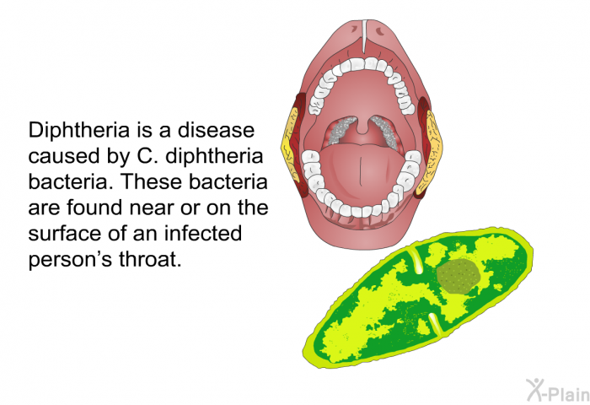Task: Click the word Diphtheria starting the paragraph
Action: click(79, 130)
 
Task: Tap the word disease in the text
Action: click(217, 130)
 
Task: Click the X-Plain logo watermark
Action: click(558, 391)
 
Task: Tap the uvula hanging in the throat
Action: click(362, 124)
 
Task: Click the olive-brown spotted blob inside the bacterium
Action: click(459, 276)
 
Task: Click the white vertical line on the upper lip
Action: click(363, 36)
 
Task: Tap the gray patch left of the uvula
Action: click(341, 130)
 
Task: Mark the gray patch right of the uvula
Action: click(384, 130)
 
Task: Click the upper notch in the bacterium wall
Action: click(415, 261)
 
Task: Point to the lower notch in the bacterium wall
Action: click(436, 325)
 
